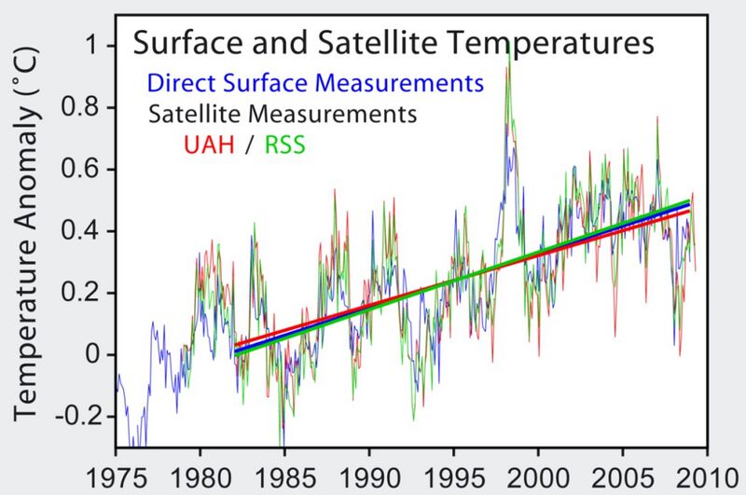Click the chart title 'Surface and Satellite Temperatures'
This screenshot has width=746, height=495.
[x=392, y=43]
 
